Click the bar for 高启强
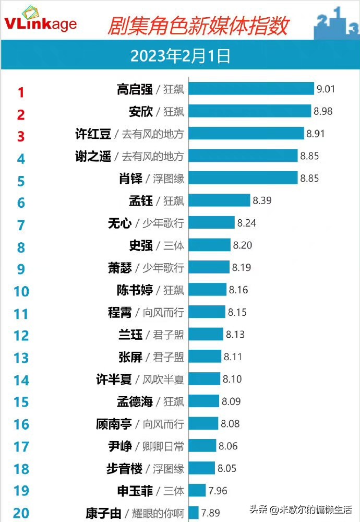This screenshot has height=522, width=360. (251, 89)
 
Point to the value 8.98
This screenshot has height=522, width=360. (322, 111)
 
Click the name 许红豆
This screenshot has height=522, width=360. (93, 134)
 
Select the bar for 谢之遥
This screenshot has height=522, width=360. (243, 156)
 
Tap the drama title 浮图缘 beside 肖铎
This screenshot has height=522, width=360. (169, 178)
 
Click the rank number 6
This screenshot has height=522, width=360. (21, 202)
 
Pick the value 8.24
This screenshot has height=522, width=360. (247, 223)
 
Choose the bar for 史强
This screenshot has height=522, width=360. (209, 245)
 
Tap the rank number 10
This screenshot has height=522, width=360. (21, 291)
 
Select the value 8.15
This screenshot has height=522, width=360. (237, 312)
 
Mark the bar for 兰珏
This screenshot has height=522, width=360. (206, 334)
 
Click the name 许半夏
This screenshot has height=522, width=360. (114, 379)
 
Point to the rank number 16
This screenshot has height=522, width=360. (21, 424)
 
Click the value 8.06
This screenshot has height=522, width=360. (228, 446)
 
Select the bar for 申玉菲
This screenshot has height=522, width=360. (197, 490)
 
